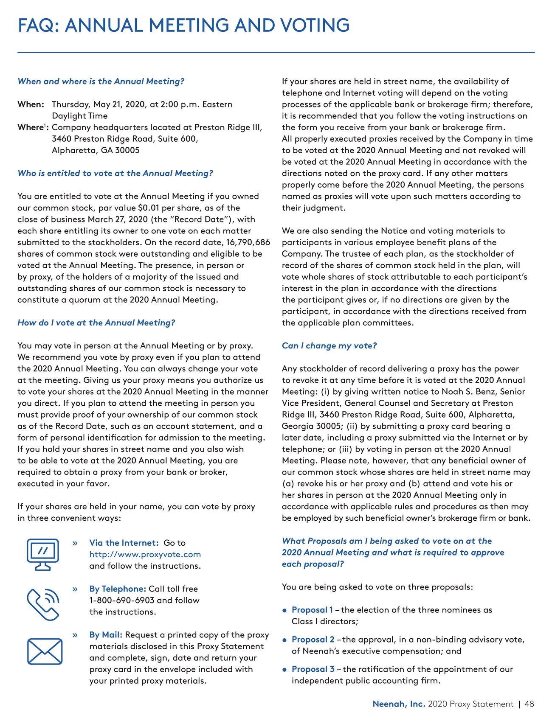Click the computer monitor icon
click(x=42, y=554)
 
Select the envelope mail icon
click(x=45, y=651)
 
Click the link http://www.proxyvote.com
click(x=145, y=554)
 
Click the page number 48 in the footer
click(x=529, y=704)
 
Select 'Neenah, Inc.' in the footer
click(x=398, y=704)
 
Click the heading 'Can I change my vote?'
click(x=329, y=345)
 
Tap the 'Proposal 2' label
click(x=313, y=639)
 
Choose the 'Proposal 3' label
click(x=313, y=669)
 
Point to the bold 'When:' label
click(x=31, y=104)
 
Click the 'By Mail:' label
click(x=106, y=634)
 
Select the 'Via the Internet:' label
click(x=124, y=543)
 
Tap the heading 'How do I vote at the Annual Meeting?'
click(x=96, y=323)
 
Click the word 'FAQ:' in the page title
click(x=38, y=25)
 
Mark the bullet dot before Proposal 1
click(x=285, y=610)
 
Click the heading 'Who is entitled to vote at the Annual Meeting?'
click(x=115, y=173)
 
